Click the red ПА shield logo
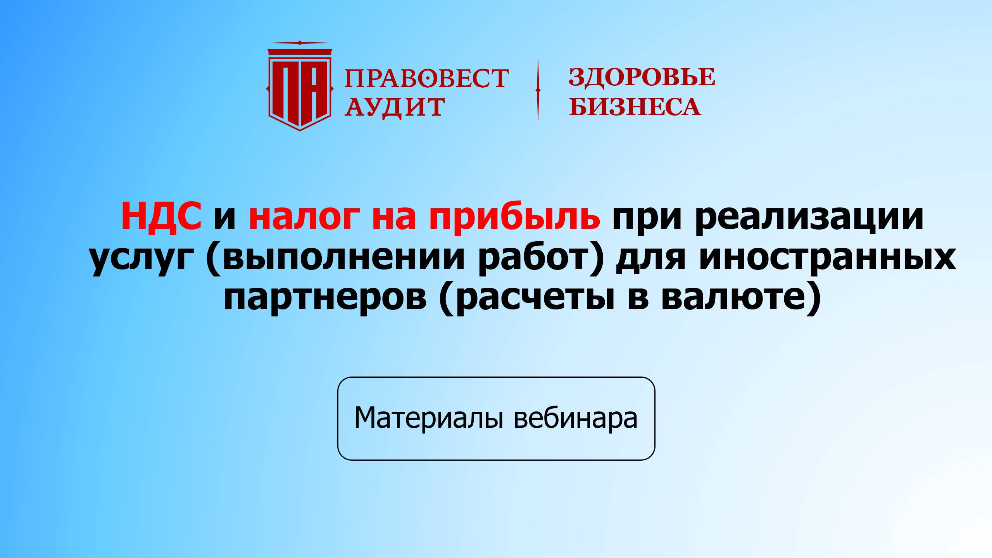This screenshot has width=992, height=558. [x=299, y=87]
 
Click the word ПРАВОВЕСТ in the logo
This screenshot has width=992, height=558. [x=426, y=78]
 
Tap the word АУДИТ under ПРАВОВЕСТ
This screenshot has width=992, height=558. [x=395, y=106]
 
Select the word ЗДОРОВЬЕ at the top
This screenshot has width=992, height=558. [x=642, y=77]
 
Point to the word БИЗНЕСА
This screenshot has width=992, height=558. [x=635, y=106]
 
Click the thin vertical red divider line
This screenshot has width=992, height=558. [x=538, y=90]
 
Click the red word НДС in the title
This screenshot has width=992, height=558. [x=161, y=216]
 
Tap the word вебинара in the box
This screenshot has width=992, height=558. [x=576, y=418]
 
